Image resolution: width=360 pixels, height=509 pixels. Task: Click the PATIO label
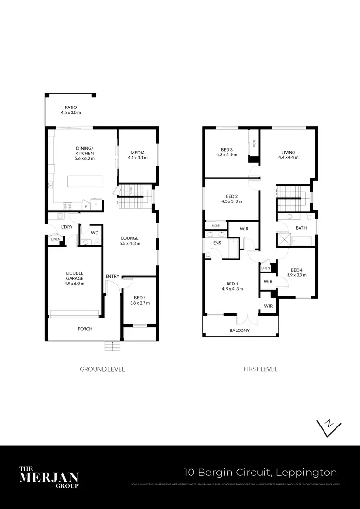click(71, 107)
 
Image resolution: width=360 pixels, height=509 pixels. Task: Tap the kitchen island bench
click(85, 181)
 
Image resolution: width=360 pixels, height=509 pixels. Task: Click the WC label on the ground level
click(95, 233)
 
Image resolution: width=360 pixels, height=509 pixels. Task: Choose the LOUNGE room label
click(130, 238)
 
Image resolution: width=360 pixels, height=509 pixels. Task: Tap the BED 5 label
click(140, 297)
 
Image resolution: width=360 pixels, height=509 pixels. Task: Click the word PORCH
click(85, 329)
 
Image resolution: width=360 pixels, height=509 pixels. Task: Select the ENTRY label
click(112, 276)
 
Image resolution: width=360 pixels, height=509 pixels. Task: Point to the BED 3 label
click(227, 149)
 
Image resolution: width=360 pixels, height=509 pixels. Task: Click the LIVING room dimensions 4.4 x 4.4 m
click(288, 158)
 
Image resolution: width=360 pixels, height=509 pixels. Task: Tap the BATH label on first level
click(301, 228)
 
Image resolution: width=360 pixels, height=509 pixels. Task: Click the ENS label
click(217, 243)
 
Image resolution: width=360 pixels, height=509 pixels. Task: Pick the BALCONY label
click(240, 331)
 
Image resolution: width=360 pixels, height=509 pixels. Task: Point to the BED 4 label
click(297, 270)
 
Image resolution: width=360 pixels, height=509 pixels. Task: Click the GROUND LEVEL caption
click(102, 369)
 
